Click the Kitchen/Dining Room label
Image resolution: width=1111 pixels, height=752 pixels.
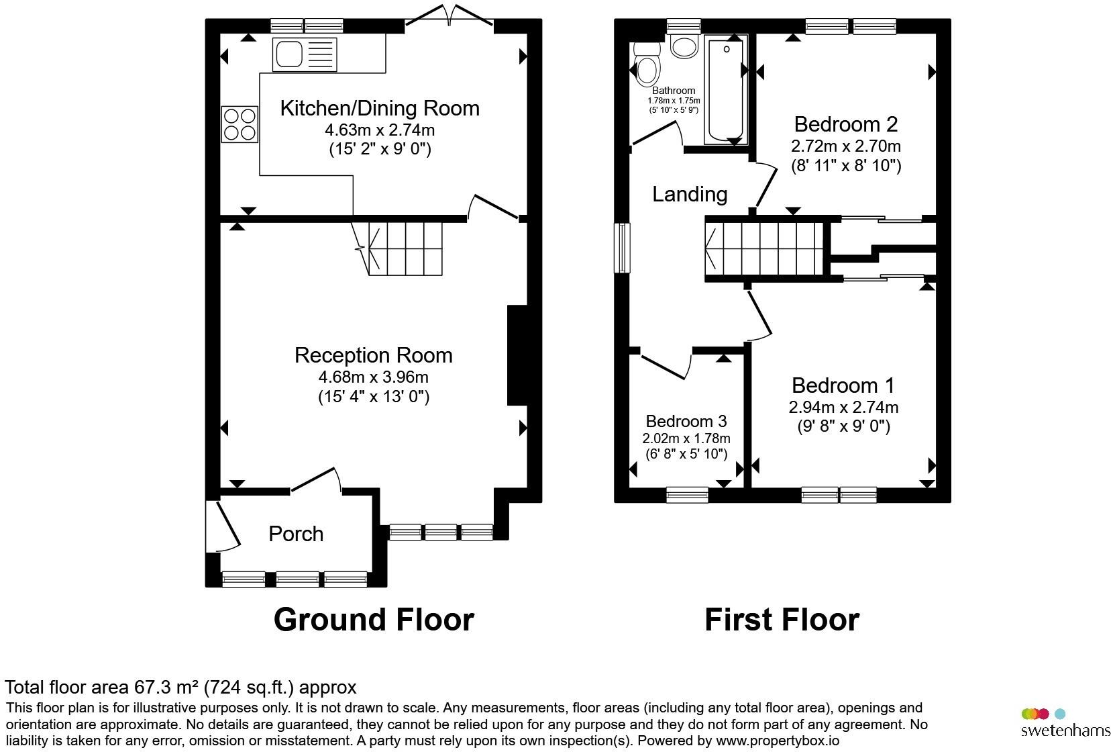click(x=380, y=108)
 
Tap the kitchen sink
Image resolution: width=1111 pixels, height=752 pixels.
click(x=305, y=54)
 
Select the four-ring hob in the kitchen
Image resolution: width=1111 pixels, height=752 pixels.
click(x=240, y=125)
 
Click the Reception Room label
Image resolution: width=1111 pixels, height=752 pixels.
click(x=374, y=355)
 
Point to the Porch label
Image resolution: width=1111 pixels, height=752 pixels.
click(x=296, y=534)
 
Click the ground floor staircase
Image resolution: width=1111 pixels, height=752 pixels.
click(x=399, y=248)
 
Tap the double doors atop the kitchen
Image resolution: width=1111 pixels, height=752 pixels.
click(x=449, y=15)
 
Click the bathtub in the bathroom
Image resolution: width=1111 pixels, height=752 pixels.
click(x=726, y=91)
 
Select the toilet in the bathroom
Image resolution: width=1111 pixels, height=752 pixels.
click(x=647, y=64)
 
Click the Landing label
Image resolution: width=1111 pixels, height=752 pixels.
click(x=690, y=194)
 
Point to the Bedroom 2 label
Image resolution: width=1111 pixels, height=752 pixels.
click(x=846, y=124)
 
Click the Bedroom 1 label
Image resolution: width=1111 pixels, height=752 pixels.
click(x=843, y=385)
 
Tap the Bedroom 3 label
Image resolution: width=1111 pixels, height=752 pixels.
click(x=686, y=421)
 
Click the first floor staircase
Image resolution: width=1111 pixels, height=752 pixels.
click(x=766, y=248)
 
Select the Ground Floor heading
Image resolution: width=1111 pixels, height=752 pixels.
click(x=374, y=620)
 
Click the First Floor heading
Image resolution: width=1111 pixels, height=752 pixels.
click(x=782, y=620)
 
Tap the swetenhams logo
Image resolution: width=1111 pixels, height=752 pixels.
click(x=1065, y=722)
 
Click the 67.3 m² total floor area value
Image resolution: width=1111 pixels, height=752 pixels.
click(x=166, y=688)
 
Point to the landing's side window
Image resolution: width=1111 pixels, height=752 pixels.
click(x=622, y=248)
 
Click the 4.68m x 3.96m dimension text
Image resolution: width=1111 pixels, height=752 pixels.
click(x=374, y=377)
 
